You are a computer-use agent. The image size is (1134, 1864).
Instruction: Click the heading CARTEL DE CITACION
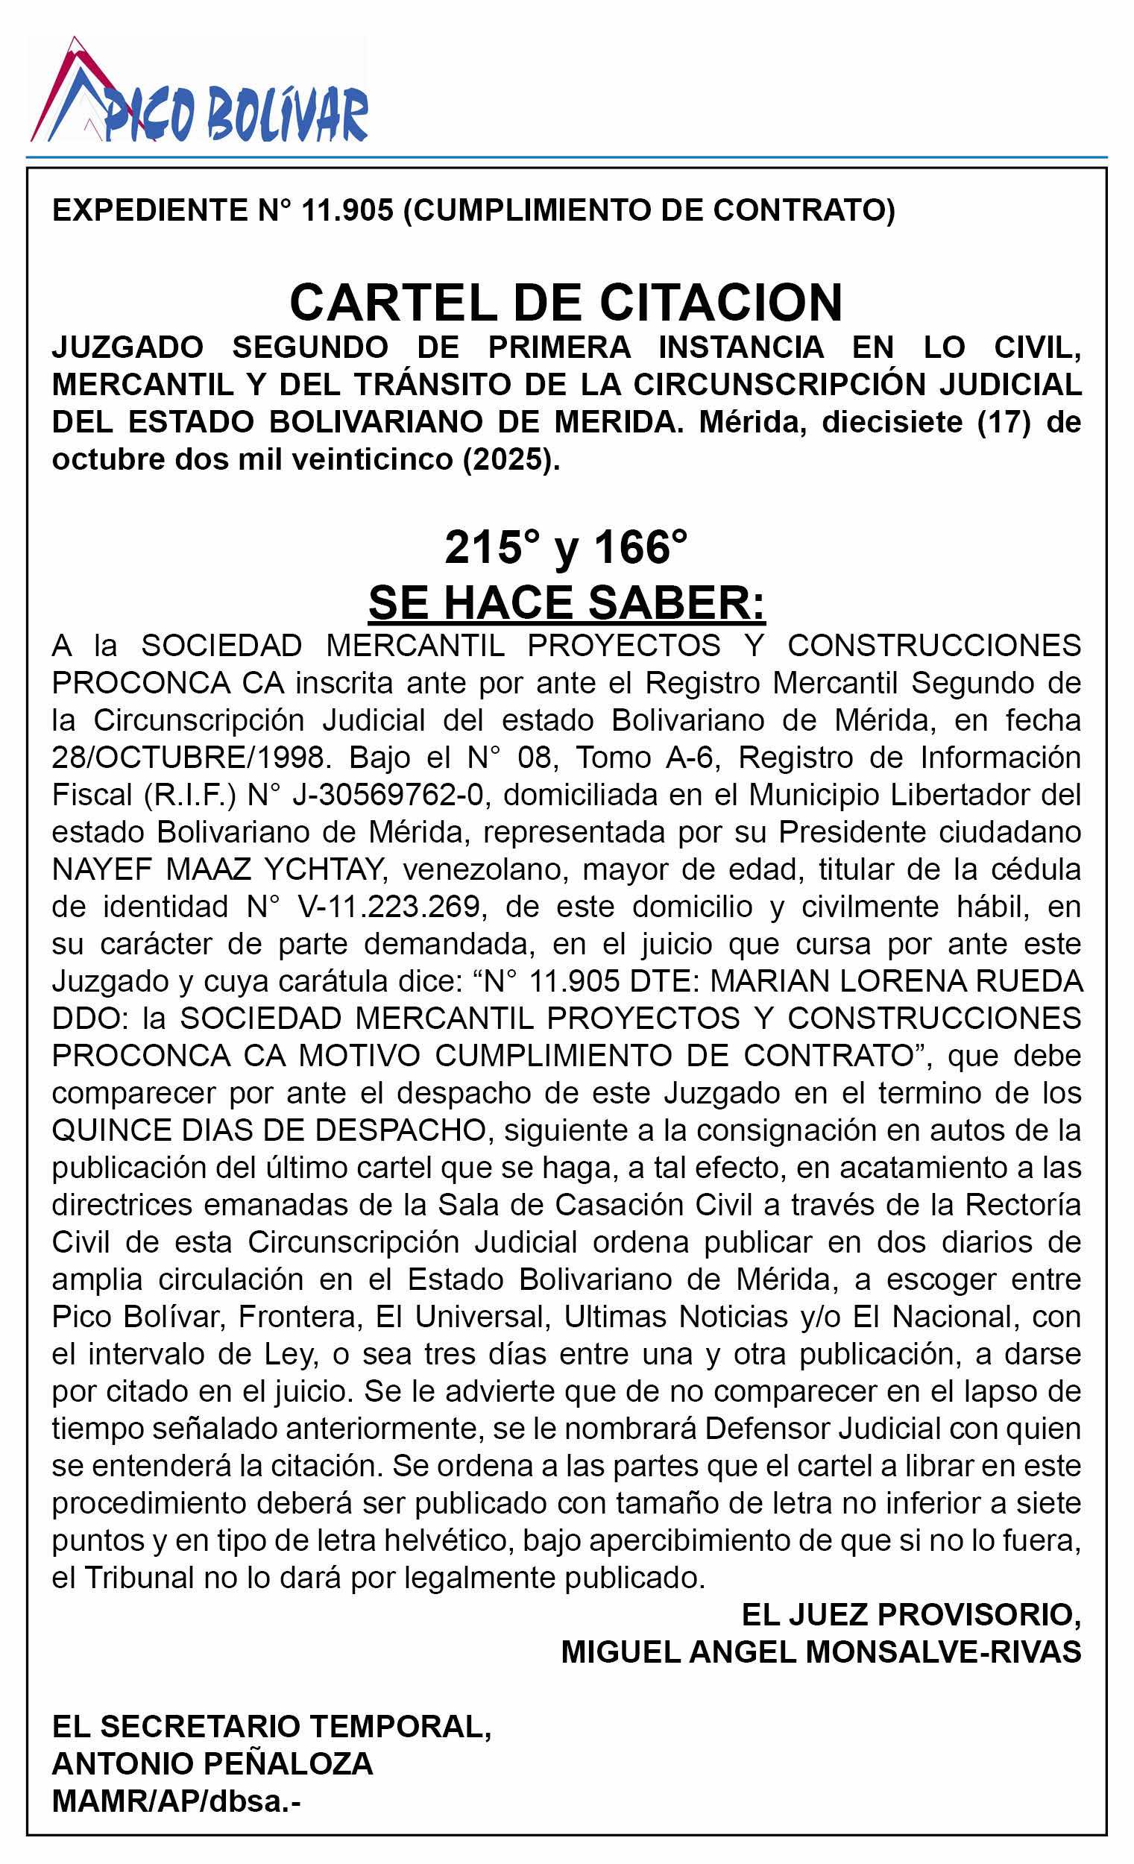(566, 303)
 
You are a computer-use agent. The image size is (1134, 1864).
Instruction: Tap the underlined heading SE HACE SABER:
(567, 603)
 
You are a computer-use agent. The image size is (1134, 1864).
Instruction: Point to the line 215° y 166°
(566, 547)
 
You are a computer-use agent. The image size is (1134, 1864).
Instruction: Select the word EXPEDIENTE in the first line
(148, 210)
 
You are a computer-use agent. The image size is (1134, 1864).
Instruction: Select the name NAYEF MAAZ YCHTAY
(215, 869)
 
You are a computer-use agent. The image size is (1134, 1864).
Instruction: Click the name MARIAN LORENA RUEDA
(895, 981)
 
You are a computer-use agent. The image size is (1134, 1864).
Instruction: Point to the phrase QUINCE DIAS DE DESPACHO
(268, 1130)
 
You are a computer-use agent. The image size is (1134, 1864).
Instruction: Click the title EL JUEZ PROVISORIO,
(911, 1615)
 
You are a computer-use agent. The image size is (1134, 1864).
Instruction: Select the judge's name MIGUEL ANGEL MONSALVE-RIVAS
(821, 1652)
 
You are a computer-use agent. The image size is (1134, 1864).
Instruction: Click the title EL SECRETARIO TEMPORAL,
(271, 1727)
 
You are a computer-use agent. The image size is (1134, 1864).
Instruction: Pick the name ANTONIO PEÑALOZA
(212, 1764)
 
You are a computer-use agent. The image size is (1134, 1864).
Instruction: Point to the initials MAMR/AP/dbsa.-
(175, 1801)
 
